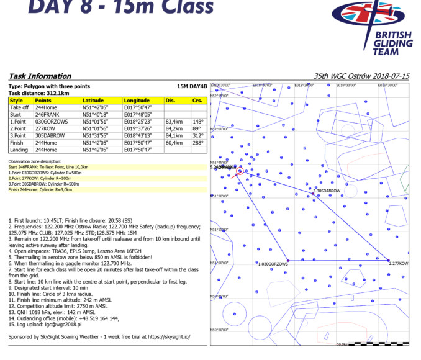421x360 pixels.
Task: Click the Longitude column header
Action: click(x=137, y=101)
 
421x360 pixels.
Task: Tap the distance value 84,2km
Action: click(x=174, y=128)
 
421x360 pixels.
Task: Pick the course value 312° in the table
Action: click(x=197, y=135)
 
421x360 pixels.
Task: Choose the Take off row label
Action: click(x=19, y=108)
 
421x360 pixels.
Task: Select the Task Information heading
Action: click(x=35, y=76)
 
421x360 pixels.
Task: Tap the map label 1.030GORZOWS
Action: click(x=273, y=264)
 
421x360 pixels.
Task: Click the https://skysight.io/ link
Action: click(x=168, y=336)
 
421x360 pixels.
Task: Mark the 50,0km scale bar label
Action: click(x=342, y=343)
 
